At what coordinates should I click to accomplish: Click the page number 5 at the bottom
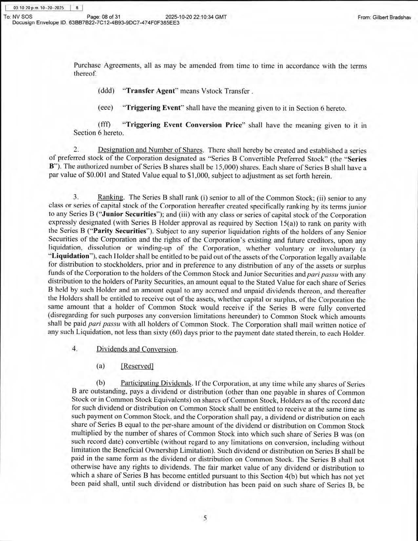click(x=205, y=518)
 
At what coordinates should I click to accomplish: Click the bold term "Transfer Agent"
click(x=150, y=91)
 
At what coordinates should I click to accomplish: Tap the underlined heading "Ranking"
click(x=110, y=197)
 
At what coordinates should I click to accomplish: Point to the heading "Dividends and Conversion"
click(x=137, y=349)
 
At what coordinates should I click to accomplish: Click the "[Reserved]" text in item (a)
click(x=137, y=366)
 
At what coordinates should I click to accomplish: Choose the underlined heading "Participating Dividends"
click(x=156, y=383)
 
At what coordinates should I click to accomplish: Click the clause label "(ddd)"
click(x=106, y=91)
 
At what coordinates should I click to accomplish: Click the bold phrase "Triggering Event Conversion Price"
click(x=184, y=125)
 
